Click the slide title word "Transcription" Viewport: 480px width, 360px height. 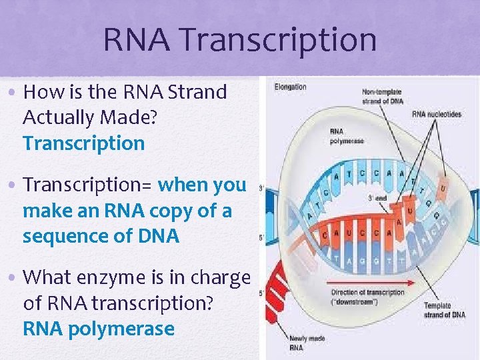coord(277,41)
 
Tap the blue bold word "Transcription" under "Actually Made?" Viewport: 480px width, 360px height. coord(83,143)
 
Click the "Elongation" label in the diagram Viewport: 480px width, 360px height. coord(291,87)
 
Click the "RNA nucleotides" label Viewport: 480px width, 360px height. coord(437,114)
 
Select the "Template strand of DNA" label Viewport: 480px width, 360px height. coord(443,311)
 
